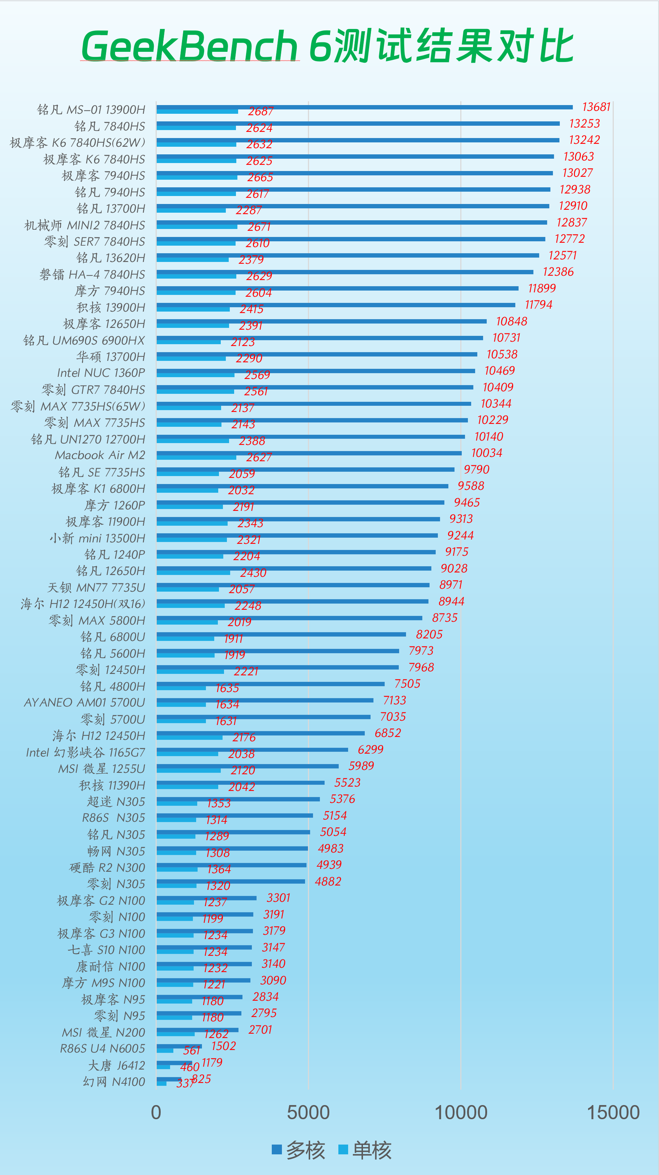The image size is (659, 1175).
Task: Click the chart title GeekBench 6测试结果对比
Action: [x=327, y=45]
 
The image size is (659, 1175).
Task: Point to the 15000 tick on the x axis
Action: [x=613, y=1112]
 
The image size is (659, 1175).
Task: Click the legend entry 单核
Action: [x=366, y=1149]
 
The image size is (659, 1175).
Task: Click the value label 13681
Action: [x=596, y=107]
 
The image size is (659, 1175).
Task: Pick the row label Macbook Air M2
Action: [x=100, y=455]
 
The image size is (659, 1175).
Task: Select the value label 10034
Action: [x=486, y=453]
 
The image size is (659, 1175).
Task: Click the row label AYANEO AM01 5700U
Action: [x=84, y=703]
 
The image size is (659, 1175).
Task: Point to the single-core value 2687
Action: [x=261, y=111]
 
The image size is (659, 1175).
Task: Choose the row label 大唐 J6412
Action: [x=116, y=1066]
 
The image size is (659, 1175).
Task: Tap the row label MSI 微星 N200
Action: [x=104, y=1033]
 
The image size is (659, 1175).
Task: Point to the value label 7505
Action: [x=407, y=684]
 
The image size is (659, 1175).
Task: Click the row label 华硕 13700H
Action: [x=111, y=357]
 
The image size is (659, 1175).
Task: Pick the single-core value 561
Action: [x=191, y=1050]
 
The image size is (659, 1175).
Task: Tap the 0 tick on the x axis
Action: [x=156, y=1112]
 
